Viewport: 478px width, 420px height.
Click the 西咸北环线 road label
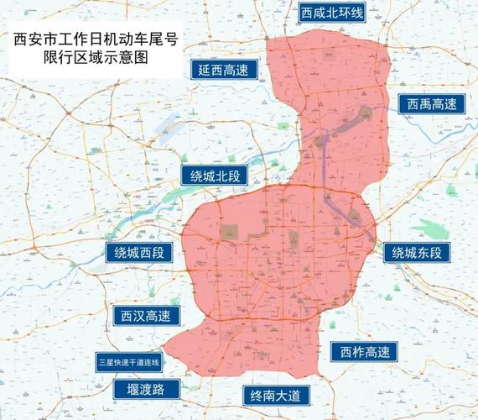point(333,12)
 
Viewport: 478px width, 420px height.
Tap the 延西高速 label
point(229,71)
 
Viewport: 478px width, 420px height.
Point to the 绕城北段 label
point(216,176)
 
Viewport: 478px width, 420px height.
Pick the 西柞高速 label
point(364,351)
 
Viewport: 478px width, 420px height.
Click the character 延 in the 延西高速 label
point(205,71)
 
